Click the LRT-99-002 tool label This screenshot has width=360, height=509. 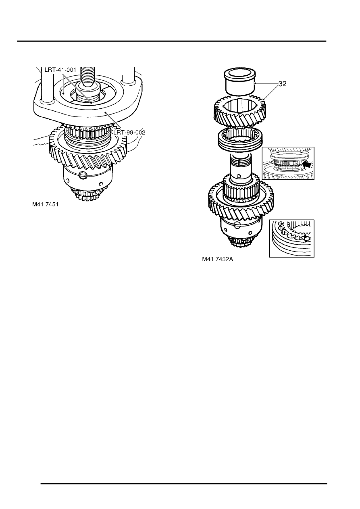(x=129, y=132)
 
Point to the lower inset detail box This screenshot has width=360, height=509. (x=292, y=238)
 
